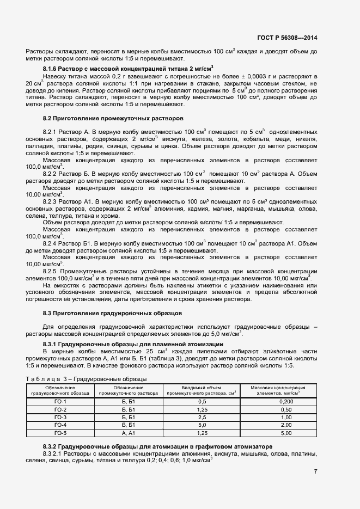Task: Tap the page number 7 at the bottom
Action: (315, 472)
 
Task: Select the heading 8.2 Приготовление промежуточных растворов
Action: (113, 118)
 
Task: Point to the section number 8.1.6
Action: (51, 69)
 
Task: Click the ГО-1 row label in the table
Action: (60, 401)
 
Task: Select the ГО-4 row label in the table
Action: (60, 425)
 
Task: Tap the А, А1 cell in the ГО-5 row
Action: (129, 433)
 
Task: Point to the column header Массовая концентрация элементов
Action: (277, 390)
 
